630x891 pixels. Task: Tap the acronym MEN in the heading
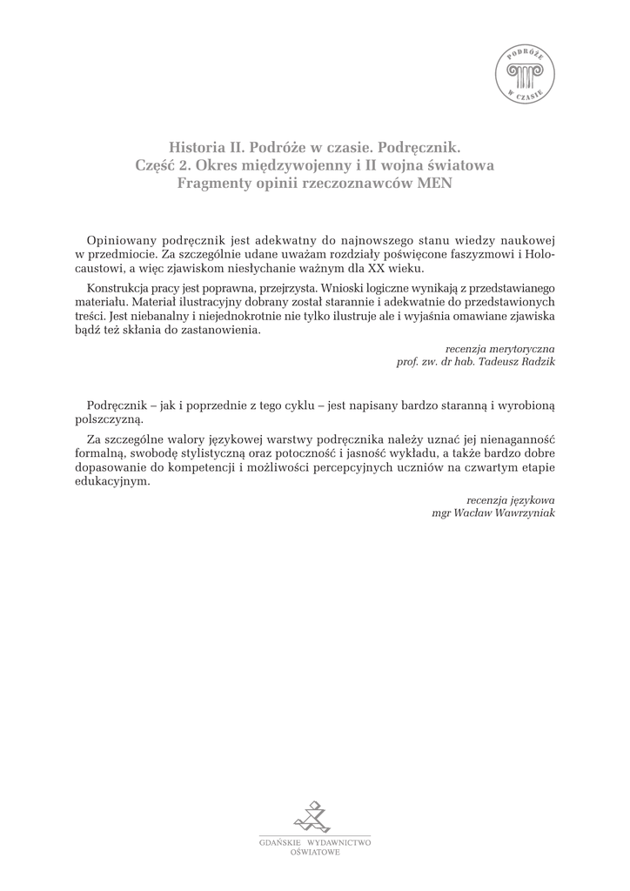[x=432, y=183]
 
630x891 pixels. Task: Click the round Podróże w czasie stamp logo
[x=526, y=75]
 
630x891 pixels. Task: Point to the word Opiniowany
[x=123, y=239]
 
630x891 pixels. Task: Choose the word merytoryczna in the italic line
[x=519, y=347]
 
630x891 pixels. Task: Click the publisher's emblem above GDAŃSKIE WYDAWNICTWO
[x=313, y=816]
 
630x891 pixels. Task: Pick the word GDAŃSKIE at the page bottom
[x=278, y=843]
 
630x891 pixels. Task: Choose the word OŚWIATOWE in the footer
[x=315, y=854]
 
